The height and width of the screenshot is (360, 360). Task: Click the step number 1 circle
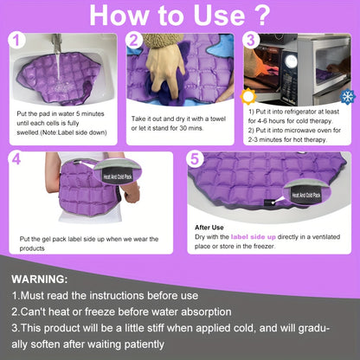[x=17, y=40]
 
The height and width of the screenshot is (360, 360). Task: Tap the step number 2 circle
[x=134, y=40]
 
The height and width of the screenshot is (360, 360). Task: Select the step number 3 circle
[x=251, y=40]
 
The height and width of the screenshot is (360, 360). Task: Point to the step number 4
[x=16, y=158]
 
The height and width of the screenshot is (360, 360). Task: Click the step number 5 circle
[x=195, y=158]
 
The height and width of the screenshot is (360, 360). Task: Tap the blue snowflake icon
[x=348, y=97]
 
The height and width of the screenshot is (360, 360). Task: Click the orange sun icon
[x=248, y=97]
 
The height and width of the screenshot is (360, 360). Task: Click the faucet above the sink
[x=57, y=43]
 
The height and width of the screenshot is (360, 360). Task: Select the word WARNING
[x=40, y=280]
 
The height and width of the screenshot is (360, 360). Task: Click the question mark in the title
[x=261, y=15]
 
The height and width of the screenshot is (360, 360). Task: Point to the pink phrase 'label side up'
[x=254, y=237]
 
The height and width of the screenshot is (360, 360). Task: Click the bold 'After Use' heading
[x=209, y=228]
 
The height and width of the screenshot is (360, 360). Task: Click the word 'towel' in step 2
[x=218, y=119]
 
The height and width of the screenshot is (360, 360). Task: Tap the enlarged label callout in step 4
[x=118, y=171]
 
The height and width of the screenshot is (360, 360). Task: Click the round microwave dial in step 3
[x=291, y=61]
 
